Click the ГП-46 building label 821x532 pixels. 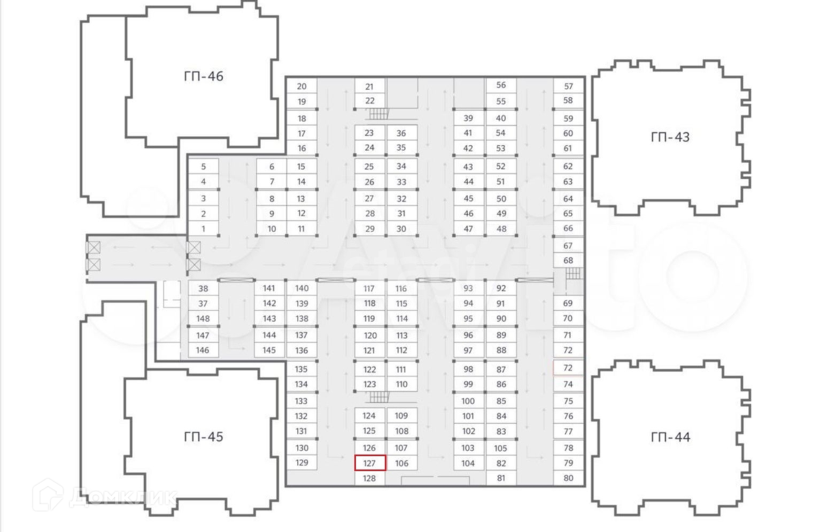203,76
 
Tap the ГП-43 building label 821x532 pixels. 670,137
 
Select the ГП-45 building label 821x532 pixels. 203,437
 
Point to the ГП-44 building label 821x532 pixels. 670,437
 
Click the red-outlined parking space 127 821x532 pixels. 370,463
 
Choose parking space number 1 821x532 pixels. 203,229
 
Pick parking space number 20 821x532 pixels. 301,87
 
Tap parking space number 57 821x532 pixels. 568,86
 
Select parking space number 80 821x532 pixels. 568,478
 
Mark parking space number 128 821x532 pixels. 369,479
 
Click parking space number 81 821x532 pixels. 501,478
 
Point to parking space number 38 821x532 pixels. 203,288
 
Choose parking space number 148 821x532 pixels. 203,319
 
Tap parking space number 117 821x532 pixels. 369,288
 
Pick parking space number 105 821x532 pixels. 500,448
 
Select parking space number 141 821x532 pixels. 269,288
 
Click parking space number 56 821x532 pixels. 501,85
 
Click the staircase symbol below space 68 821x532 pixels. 572,273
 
